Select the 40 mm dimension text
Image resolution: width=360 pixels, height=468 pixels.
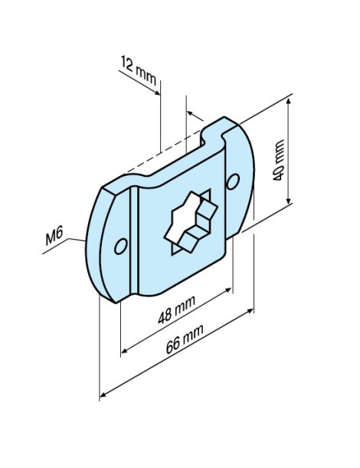tap(278, 159)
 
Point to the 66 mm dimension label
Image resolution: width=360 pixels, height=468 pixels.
tap(182, 350)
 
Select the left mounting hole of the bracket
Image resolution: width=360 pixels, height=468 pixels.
tap(119, 246)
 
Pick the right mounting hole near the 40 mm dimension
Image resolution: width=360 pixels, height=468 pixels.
tap(234, 180)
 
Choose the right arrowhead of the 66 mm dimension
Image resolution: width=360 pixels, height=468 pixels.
tap(251, 311)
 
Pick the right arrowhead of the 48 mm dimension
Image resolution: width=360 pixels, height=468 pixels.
tap(229, 291)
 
